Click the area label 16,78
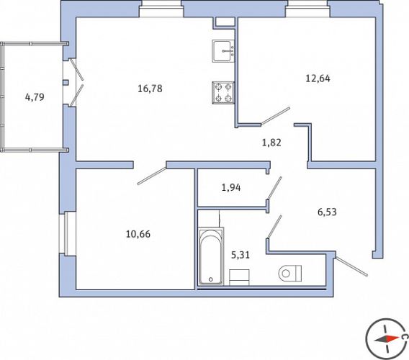tap(150, 89)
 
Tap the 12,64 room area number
tap(318, 78)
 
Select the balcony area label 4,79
tap(35, 97)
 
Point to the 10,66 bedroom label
tap(138, 234)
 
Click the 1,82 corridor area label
tap(271, 143)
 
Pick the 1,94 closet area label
tap(231, 187)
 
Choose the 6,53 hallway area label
tap(327, 212)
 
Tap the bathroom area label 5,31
tap(241, 255)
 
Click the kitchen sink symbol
tap(223, 51)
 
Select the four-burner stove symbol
tap(223, 93)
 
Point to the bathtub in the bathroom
tap(211, 256)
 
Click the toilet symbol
tap(290, 273)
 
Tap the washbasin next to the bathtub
tap(239, 277)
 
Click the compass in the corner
tap(387, 339)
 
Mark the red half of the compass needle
tap(392, 338)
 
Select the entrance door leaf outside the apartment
tap(351, 266)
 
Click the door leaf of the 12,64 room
tap(276, 116)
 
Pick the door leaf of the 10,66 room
tap(151, 176)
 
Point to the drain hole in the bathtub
tap(211, 279)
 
